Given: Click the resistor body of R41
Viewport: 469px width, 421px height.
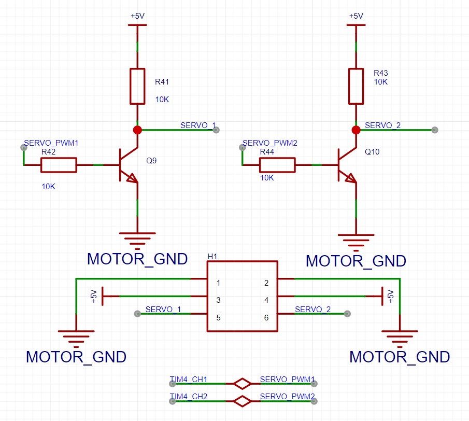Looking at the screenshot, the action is pos(137,86).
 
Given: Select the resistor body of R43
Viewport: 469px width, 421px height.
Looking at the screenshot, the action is pos(356,86).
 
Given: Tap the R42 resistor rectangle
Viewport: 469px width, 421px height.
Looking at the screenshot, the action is pos(59,165).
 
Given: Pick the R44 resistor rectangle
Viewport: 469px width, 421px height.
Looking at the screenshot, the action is pos(277,165).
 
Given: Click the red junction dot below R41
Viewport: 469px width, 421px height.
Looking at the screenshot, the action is pos(137,130).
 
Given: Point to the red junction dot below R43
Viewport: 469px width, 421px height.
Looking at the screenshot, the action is pos(356,130).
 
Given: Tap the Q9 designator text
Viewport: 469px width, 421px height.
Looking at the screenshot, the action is pos(151,161).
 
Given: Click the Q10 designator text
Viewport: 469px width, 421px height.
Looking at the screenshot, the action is pos(372,152).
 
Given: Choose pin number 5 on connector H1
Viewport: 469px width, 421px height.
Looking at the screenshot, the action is pos(218,318).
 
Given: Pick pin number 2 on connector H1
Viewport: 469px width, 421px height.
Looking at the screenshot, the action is pos(266,283).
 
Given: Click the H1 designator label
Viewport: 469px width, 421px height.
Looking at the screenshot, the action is pos(212,257).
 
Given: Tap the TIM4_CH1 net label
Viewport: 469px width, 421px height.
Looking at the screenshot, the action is pos(189,379).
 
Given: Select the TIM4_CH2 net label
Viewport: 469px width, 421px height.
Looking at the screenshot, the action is pos(189,396).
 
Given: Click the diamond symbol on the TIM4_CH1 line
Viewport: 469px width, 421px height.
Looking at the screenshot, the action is pos(242,384).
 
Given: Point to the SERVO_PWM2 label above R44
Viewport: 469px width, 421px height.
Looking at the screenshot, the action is pos(270,143).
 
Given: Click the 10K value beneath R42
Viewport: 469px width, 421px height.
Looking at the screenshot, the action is pos(49,187).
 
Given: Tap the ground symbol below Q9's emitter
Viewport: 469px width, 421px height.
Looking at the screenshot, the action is pos(137,241).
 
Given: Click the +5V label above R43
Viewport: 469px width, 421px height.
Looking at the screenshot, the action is pos(356,16).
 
